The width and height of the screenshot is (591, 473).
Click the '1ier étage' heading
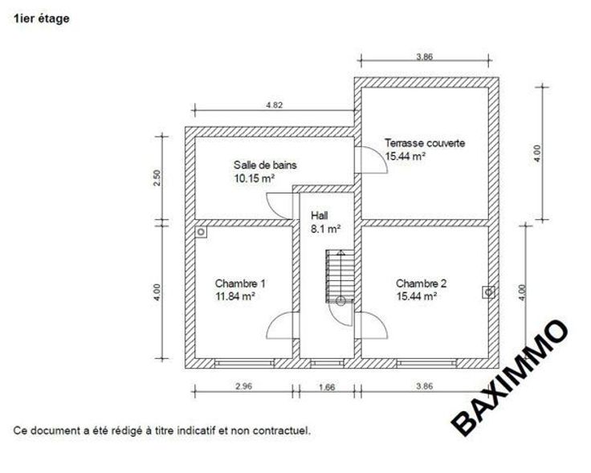pos(42,18)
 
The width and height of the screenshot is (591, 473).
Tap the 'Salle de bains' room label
pos(265,165)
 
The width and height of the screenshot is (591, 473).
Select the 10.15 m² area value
pos(255,178)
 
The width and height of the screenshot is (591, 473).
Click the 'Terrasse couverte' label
pos(425,143)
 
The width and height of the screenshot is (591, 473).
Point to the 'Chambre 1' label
pos(240,283)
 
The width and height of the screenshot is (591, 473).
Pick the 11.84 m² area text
pos(235,296)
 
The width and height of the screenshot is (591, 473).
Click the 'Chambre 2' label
pos(421,283)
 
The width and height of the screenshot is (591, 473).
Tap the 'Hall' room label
pos(320,215)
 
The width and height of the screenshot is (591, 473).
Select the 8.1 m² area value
pos(326,229)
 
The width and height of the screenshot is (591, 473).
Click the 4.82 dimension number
pos(275,105)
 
